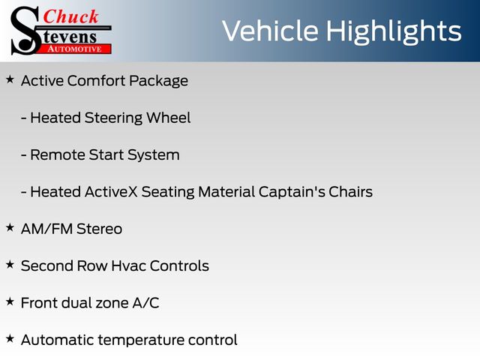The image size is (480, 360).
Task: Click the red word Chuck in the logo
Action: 70,16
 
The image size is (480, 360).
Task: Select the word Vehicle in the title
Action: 270,31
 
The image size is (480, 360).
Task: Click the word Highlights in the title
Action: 394,32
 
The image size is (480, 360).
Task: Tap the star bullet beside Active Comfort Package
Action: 10,79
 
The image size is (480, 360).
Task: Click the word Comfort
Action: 97,81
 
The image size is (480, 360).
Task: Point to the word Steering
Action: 113,118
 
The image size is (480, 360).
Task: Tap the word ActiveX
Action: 111,192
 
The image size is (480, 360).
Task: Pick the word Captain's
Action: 292,192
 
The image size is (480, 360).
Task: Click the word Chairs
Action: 350,192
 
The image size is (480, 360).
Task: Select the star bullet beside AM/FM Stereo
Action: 10,227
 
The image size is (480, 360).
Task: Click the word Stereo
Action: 100,229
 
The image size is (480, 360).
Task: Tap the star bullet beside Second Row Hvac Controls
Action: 10,265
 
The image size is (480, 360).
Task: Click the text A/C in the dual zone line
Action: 145,303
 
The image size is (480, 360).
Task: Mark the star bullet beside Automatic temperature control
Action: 10,338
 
